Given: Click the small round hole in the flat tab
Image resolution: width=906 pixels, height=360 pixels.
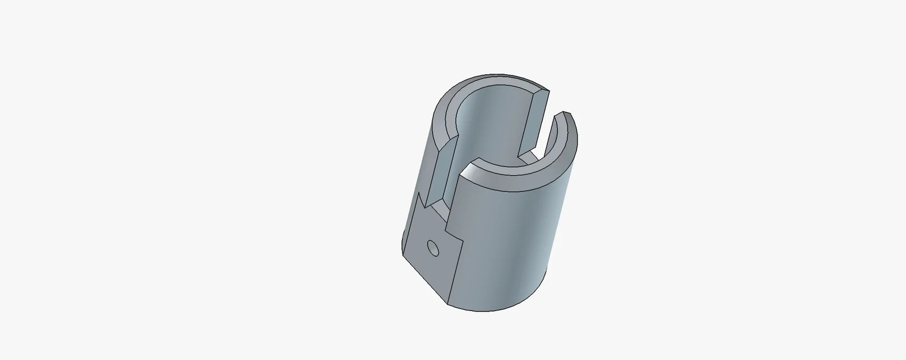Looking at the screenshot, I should coord(433,248).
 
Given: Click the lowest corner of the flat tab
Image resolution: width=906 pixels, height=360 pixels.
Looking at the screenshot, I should coord(449,302).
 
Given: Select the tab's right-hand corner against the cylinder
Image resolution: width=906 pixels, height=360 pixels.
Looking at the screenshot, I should coord(463,242).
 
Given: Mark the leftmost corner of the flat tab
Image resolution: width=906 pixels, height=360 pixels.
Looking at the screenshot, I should coord(403,253).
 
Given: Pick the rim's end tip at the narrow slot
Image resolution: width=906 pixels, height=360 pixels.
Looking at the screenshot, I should coord(566,114).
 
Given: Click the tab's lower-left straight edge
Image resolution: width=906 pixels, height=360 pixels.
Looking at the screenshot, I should coord(425,279).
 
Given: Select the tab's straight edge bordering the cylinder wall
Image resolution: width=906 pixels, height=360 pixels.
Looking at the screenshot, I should coord(456,272).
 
